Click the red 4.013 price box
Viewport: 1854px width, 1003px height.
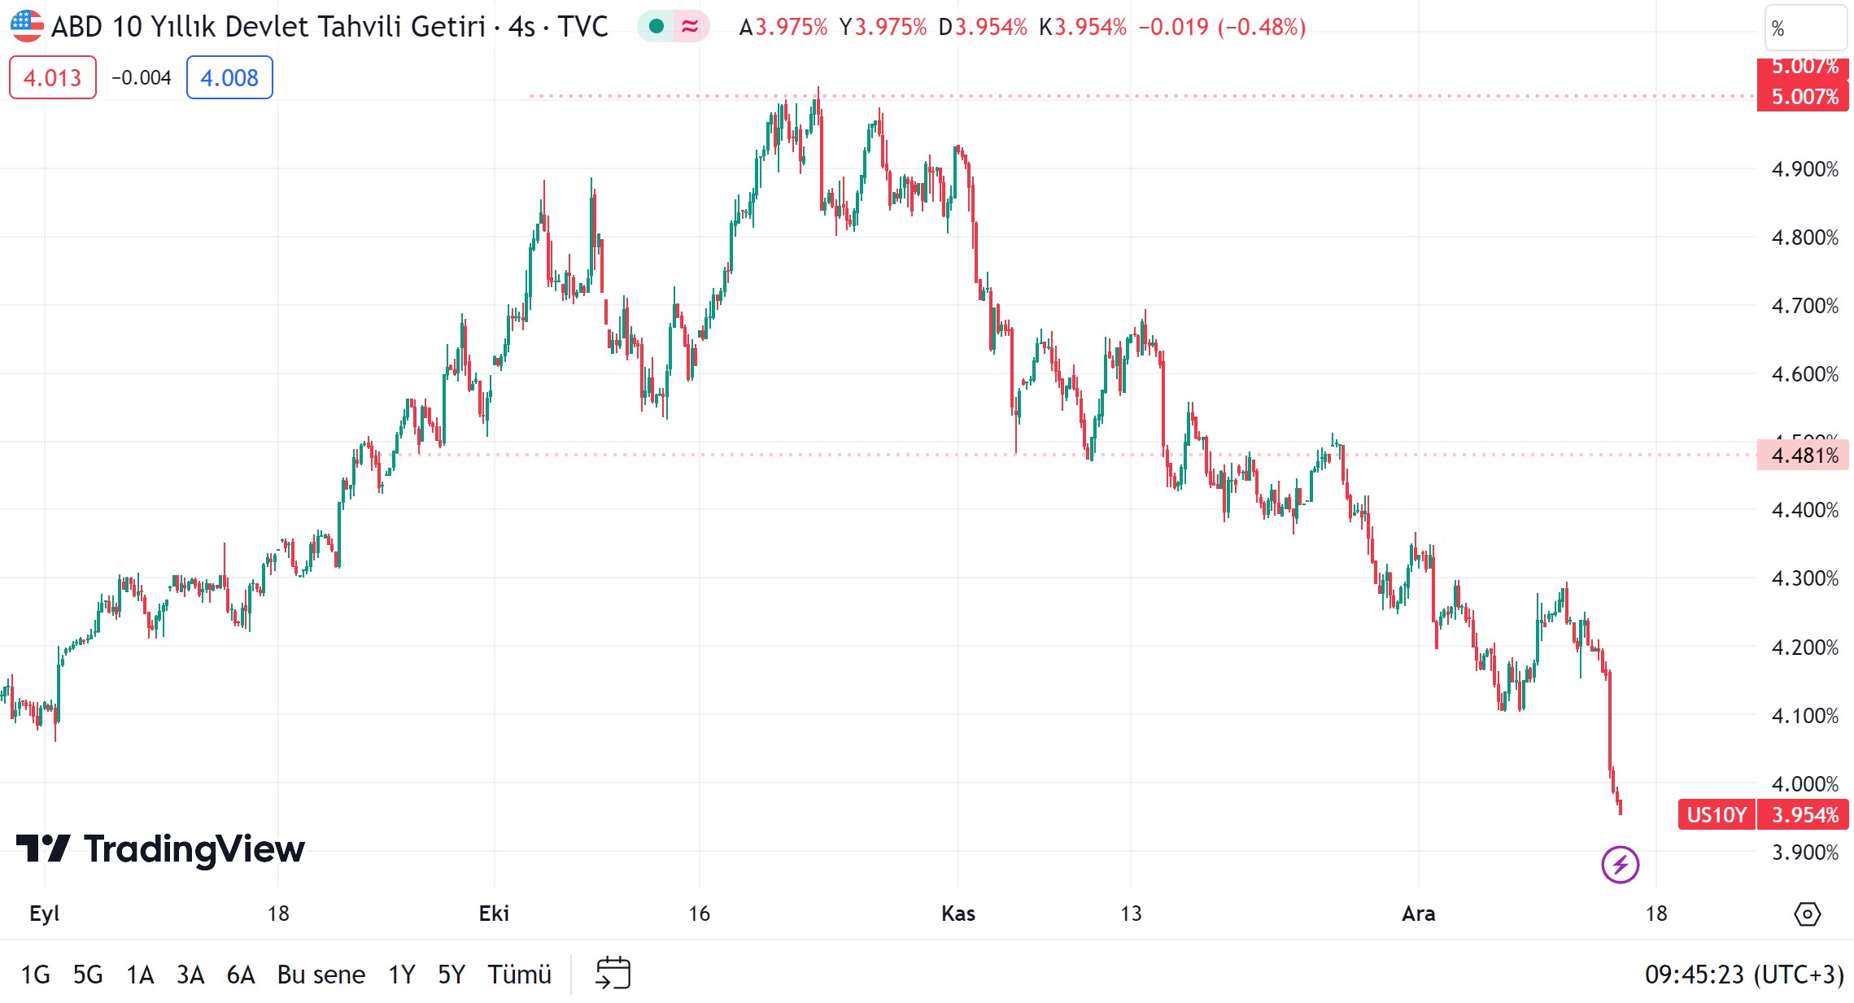52,78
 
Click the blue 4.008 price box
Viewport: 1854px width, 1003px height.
229,78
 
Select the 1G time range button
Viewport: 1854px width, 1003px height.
35,974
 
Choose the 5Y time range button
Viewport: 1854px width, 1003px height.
452,974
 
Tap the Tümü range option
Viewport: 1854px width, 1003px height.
519,974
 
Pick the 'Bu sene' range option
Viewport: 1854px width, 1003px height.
321,974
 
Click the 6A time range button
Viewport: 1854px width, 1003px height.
241,974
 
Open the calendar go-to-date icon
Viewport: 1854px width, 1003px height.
613,973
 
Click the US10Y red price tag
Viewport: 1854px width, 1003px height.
1717,814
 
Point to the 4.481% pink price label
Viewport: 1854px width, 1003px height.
1804,455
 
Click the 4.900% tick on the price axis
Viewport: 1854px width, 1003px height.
1804,169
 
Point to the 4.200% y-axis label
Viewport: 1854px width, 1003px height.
1804,648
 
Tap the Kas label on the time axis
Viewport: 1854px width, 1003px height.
958,914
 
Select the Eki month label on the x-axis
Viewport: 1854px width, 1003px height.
494,914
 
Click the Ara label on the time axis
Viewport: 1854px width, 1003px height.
1418,914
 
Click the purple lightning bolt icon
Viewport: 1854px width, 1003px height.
1620,864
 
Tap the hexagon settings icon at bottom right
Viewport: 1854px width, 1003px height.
1807,914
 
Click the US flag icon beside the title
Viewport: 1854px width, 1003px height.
27,26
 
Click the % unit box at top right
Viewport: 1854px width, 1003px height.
1804,28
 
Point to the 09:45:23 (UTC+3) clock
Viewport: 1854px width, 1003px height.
1743,974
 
